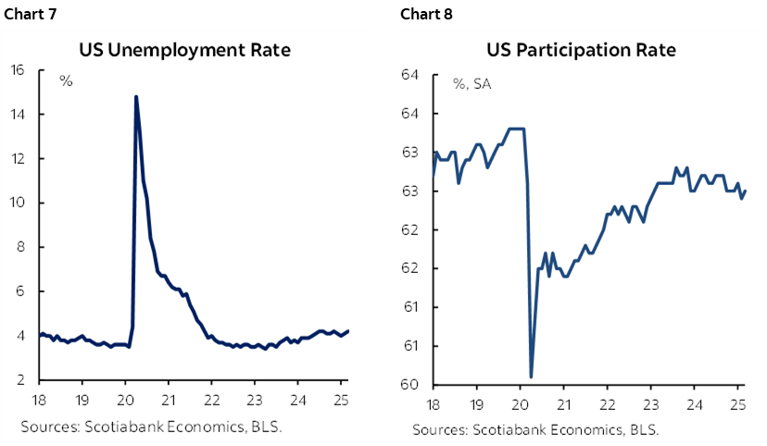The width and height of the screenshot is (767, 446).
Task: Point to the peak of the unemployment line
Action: coord(136,96)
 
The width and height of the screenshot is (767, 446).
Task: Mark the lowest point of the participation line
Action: coord(531,377)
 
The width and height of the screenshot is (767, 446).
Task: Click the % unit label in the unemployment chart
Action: coord(66,81)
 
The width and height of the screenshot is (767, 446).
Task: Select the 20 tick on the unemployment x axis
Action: coord(125,401)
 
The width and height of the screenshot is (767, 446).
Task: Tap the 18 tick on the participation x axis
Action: coord(433,405)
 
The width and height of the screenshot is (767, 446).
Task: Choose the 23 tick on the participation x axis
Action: coord(651,405)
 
